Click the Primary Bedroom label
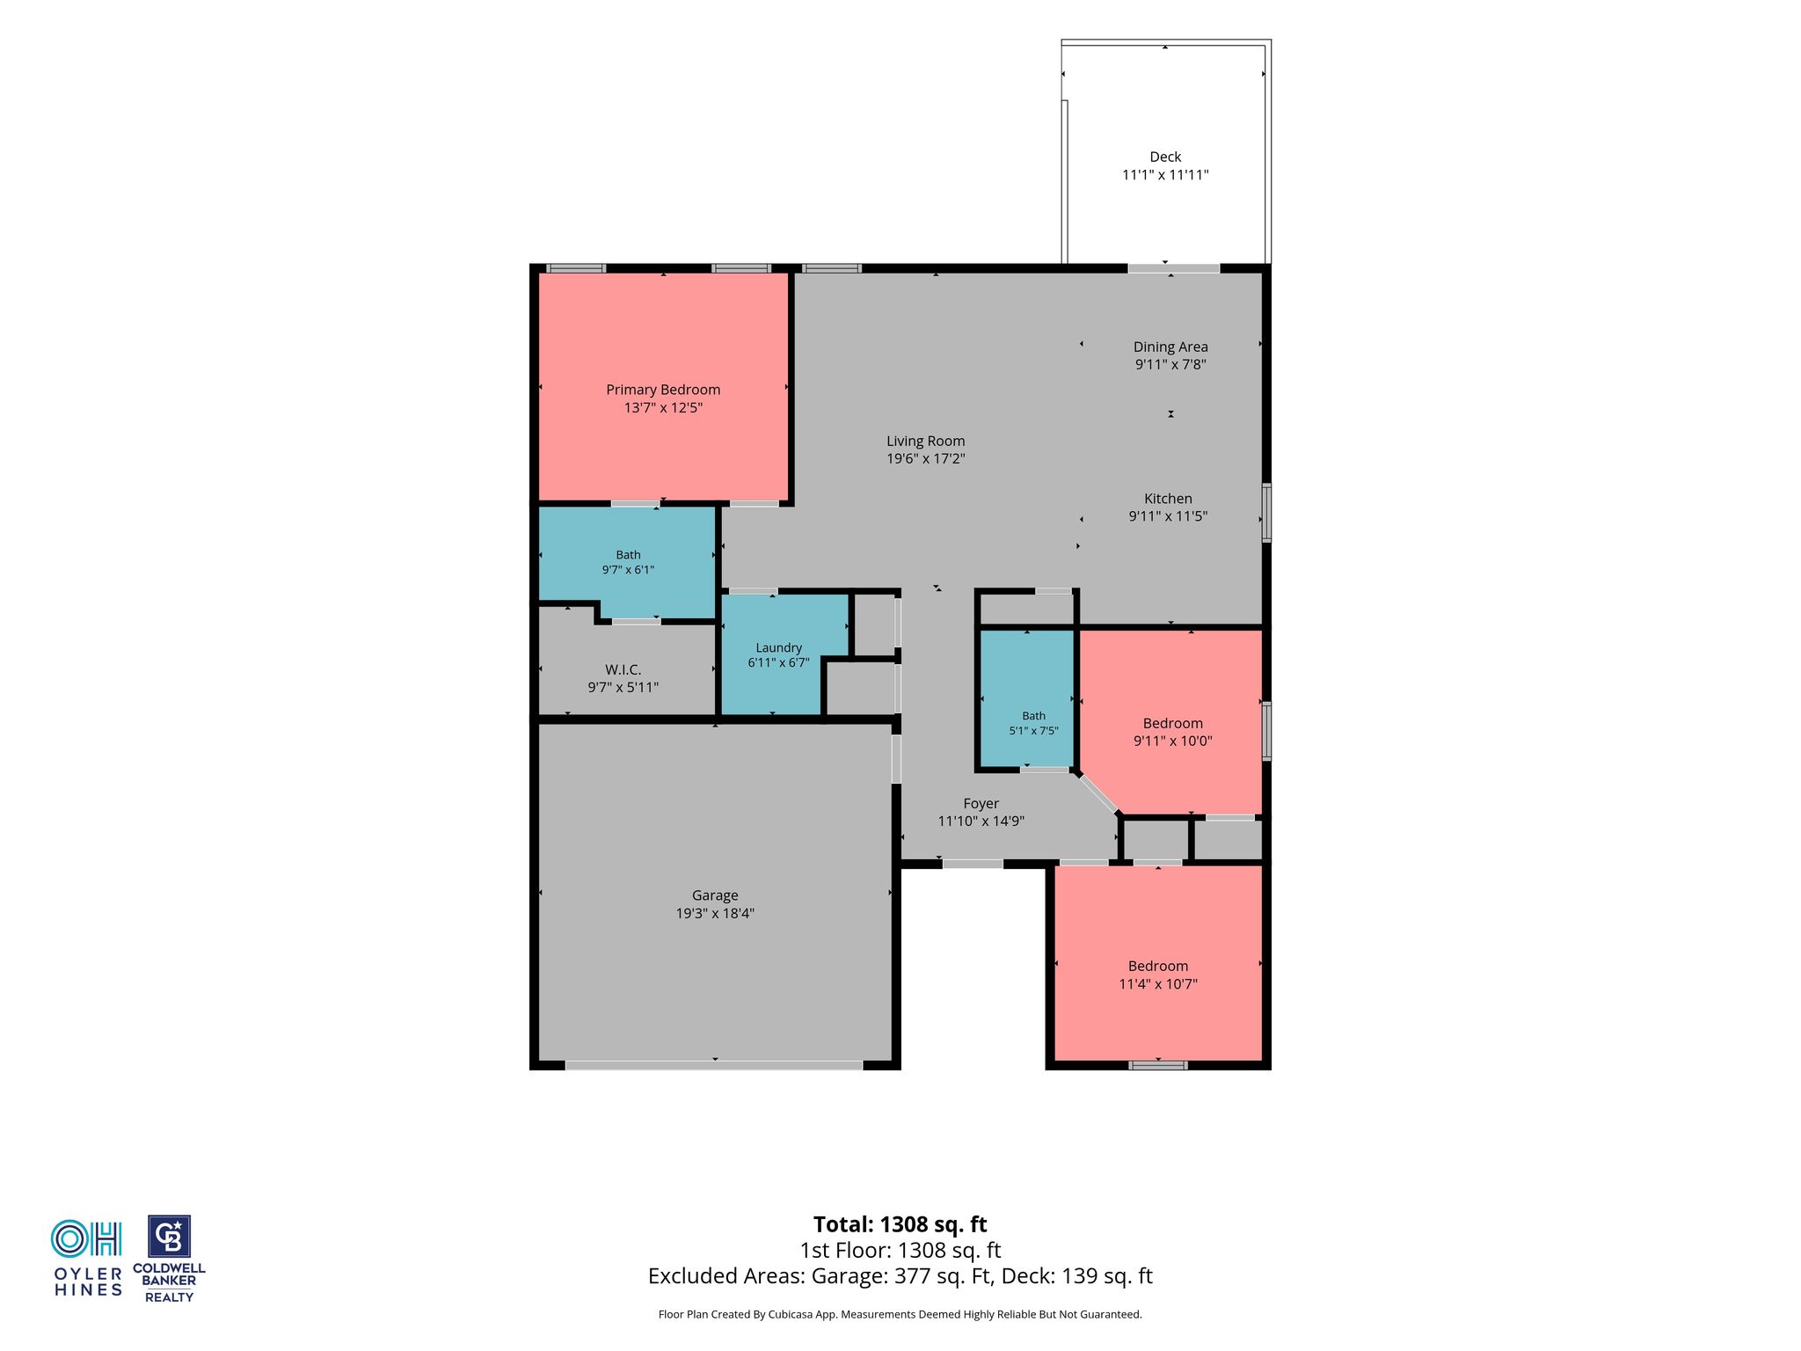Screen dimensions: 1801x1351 663,390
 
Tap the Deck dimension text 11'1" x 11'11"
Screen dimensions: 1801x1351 1165,175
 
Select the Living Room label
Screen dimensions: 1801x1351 925,441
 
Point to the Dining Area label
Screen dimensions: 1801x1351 1170,347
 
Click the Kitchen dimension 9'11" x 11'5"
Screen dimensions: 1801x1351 1168,516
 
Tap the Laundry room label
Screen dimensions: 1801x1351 778,648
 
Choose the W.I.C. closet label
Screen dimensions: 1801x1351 623,670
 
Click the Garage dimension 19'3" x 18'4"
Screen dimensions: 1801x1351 715,914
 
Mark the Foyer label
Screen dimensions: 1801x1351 981,804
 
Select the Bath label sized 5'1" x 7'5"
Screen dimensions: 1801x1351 1034,716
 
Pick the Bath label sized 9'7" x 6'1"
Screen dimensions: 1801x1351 628,555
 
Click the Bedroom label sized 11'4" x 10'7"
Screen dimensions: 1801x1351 1158,966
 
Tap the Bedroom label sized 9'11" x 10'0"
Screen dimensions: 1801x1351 1173,723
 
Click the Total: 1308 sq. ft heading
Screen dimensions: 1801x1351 900,1224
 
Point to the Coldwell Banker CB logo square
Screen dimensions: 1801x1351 169,1237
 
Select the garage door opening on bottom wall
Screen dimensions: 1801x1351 713,1065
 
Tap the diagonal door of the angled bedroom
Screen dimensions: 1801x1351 1097,793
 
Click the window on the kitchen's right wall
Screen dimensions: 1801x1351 1266,512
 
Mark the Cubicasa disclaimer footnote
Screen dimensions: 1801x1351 900,1315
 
